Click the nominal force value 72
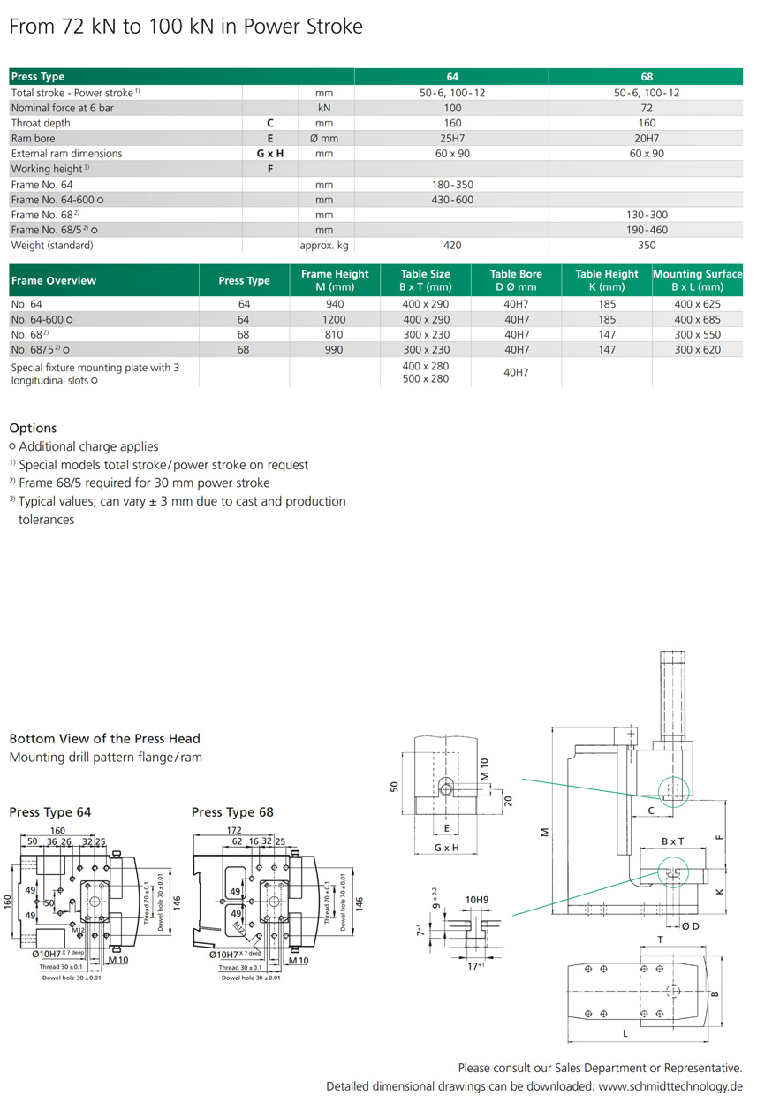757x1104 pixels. [x=647, y=108]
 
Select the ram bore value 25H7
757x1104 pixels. [x=452, y=138]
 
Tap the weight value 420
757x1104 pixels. [x=452, y=245]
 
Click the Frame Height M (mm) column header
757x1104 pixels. [x=335, y=280]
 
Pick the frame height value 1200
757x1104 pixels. [x=335, y=319]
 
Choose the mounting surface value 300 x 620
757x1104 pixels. [x=697, y=349]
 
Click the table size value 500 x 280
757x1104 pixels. [x=426, y=378]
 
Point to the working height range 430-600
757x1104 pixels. [x=452, y=200]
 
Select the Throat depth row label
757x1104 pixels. [x=41, y=123]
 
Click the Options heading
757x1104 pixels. [x=33, y=428]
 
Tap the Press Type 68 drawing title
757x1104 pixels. [x=232, y=812]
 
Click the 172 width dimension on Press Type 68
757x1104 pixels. [x=234, y=831]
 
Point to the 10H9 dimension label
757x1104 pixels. [x=478, y=900]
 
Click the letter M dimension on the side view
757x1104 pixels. [x=544, y=832]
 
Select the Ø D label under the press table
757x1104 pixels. [x=690, y=925]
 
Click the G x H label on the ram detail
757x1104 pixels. [x=447, y=848]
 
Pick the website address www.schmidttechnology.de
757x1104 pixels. [x=670, y=1086]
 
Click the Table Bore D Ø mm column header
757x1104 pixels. [x=517, y=280]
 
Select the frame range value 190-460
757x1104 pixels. [x=647, y=230]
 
